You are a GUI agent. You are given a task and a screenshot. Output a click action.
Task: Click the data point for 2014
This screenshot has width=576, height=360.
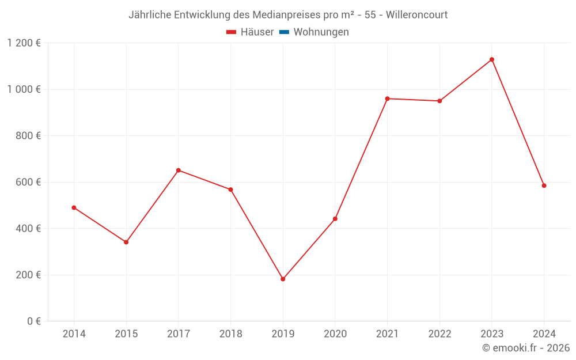tap(74, 207)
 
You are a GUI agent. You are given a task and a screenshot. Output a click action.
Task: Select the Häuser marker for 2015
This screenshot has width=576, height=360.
tap(126, 242)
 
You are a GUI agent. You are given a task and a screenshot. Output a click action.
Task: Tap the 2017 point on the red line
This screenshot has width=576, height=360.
tap(179, 170)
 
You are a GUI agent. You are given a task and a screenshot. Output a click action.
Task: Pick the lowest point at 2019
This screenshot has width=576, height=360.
tap(283, 279)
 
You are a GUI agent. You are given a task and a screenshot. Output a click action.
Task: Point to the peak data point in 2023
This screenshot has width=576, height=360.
tap(492, 59)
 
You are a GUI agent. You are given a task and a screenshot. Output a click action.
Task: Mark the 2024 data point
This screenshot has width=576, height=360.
tap(544, 185)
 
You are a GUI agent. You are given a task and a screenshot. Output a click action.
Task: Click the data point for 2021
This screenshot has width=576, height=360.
tap(387, 98)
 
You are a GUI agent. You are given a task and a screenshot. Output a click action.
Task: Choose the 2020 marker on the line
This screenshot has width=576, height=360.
tap(335, 219)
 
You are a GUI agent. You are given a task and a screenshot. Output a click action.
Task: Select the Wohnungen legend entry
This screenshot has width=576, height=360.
tap(321, 32)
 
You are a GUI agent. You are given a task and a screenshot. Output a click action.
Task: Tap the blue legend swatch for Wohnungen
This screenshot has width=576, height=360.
tap(284, 32)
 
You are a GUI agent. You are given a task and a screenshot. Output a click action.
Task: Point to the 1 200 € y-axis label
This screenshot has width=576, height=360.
tap(24, 43)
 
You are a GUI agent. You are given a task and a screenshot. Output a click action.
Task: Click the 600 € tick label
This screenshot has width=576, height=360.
tap(28, 182)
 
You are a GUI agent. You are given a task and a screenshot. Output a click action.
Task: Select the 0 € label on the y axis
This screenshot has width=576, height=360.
tap(33, 321)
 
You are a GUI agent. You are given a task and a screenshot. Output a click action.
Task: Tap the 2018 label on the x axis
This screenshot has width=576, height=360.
tap(230, 334)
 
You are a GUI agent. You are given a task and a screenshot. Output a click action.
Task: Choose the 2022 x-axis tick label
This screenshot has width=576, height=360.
tap(439, 334)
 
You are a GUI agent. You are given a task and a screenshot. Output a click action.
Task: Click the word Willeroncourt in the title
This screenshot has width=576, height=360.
tap(416, 15)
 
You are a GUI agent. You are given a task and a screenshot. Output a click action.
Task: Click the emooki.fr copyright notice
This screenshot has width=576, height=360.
tap(526, 347)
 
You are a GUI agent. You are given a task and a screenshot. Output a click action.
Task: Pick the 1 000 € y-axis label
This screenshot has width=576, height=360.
tap(24, 89)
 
